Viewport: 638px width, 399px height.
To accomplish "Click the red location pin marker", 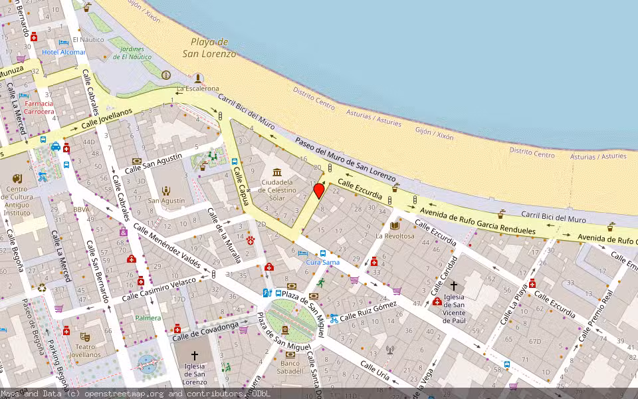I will (319, 191).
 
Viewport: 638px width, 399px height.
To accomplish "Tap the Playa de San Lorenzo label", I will (209, 48).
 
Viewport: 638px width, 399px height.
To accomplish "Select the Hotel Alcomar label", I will (64, 52).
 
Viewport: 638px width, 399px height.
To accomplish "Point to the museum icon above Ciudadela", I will (276, 172).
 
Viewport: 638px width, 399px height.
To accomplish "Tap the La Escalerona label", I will (197, 88).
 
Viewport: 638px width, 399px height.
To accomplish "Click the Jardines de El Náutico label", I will (132, 53).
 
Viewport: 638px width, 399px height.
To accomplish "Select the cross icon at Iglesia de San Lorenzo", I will (195, 356).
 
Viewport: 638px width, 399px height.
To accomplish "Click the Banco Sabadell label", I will (290, 368).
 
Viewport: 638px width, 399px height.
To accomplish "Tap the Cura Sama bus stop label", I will (322, 262).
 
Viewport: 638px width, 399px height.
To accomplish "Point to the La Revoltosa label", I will (395, 235).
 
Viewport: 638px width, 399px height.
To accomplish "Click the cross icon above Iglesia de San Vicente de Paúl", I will (454, 285).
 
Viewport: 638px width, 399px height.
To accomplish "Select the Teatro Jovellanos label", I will (84, 350).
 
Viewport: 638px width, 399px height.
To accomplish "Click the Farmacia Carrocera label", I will (39, 108).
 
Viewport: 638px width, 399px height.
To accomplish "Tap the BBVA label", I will (82, 209).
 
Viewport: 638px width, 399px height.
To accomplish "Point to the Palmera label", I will (148, 318).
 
